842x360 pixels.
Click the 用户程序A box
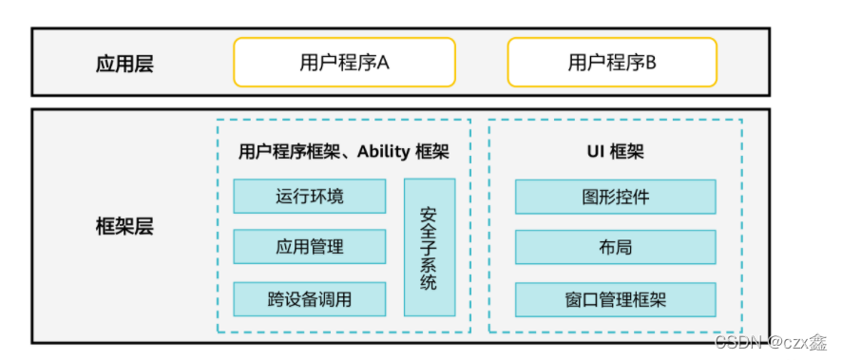pos(344,63)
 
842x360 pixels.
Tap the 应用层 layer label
pos(124,65)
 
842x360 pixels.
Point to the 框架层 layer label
pos(124,227)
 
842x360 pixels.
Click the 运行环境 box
pos(310,197)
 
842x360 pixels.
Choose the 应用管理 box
pos(310,247)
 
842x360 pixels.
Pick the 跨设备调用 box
pos(310,299)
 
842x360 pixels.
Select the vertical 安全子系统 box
pos(429,247)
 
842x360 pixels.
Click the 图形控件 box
pos(616,197)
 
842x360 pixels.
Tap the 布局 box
pos(616,247)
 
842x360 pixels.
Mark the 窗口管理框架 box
pos(616,299)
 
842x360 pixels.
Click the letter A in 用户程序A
pos(384,64)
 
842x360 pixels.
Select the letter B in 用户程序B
pos(651,64)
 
